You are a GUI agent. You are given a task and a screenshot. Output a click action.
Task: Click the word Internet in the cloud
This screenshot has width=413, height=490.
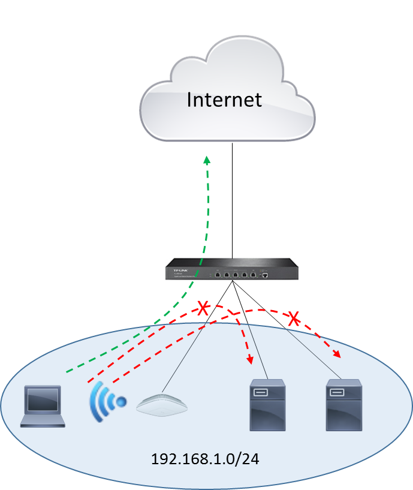(x=224, y=99)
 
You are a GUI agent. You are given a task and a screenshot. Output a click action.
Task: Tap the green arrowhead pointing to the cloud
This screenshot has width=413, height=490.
(x=207, y=160)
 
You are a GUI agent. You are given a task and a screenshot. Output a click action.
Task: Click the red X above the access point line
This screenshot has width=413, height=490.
(x=203, y=309)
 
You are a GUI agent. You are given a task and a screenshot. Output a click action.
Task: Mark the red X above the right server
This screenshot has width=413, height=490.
(x=294, y=318)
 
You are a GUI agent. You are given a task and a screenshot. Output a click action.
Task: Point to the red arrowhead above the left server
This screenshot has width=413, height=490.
(x=249, y=360)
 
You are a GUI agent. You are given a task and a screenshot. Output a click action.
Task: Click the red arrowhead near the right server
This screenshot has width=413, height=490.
(x=337, y=354)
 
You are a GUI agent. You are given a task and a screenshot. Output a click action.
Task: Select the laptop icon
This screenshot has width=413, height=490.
(x=43, y=406)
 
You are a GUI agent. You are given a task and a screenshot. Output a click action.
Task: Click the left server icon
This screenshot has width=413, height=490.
(x=267, y=405)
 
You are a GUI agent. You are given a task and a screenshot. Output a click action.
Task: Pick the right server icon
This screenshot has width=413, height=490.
(x=343, y=405)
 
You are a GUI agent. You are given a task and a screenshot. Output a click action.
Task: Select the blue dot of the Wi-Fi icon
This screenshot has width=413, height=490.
(x=122, y=401)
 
